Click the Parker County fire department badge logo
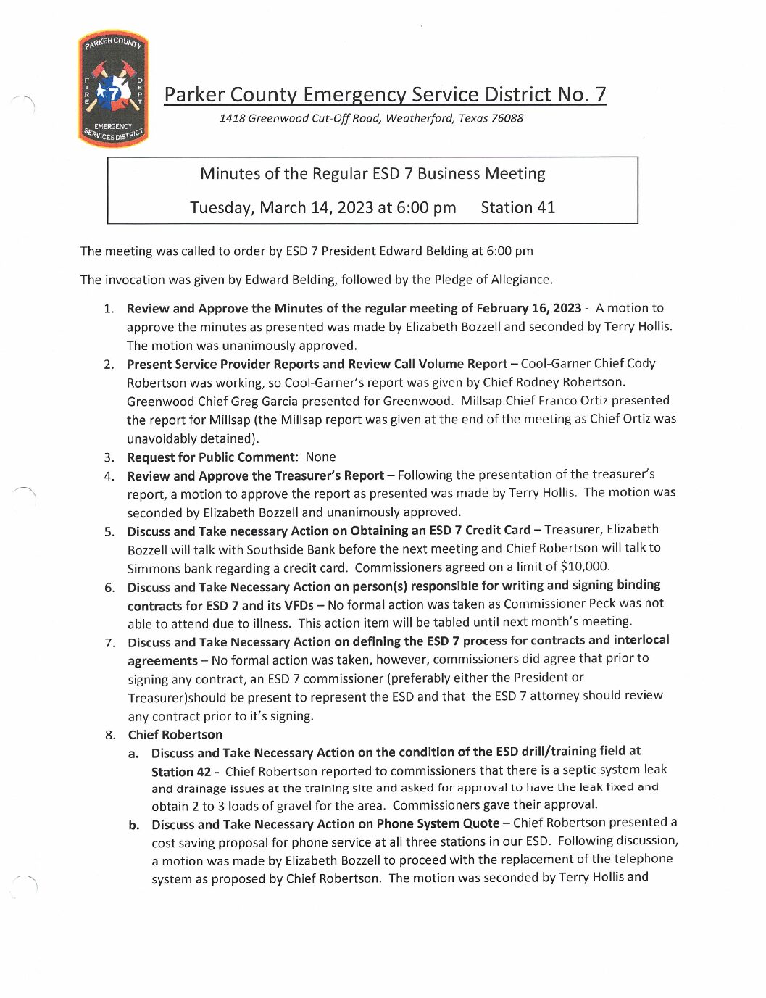coord(113,88)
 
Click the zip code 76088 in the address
coord(507,118)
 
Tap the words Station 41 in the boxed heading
coord(517,208)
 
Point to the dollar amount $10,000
coord(585,566)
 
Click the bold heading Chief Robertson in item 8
coord(175,735)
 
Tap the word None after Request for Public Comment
coord(320,457)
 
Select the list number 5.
coord(109,531)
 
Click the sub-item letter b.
coord(134,825)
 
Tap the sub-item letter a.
coord(133,754)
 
